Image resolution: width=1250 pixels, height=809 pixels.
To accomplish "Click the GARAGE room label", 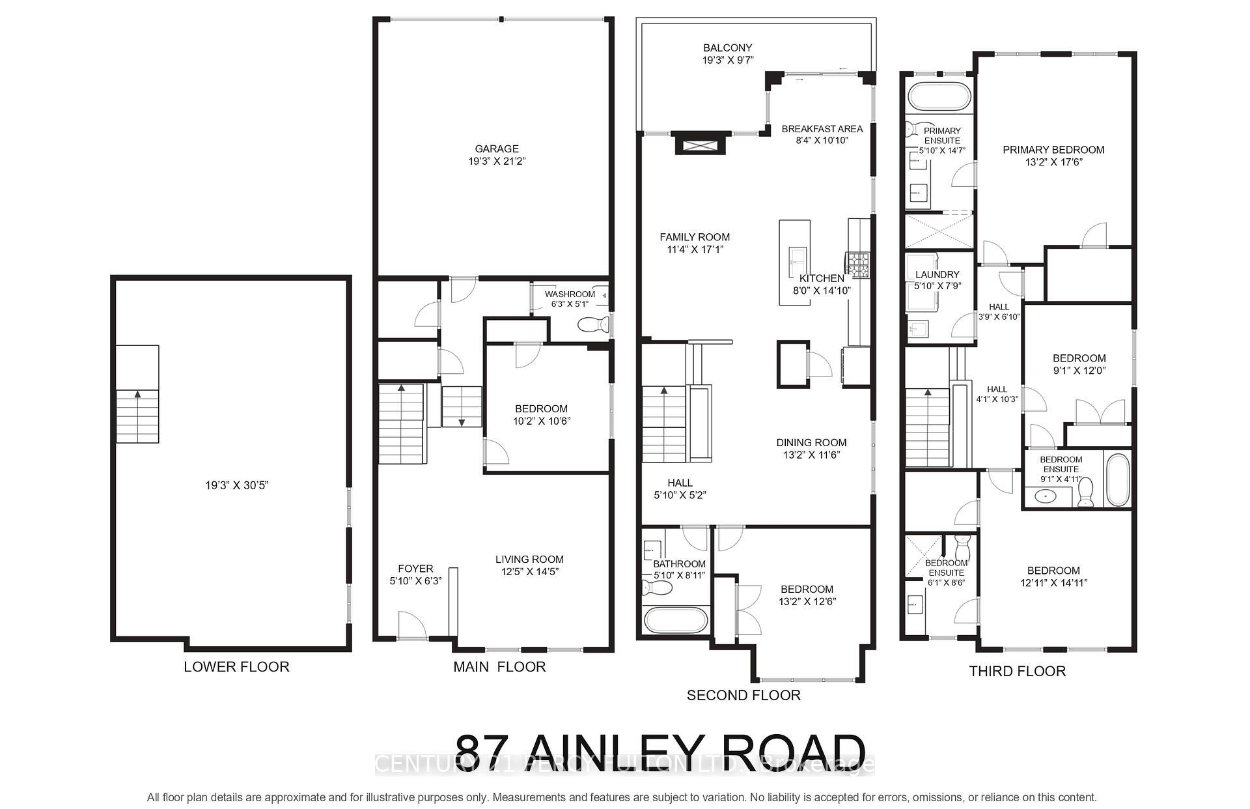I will point(496,149).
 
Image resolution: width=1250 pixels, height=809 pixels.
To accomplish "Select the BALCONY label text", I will point(727,48).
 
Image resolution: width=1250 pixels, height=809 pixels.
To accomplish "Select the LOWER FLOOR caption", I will point(236,666).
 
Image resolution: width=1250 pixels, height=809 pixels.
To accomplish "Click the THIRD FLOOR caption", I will point(1017,671).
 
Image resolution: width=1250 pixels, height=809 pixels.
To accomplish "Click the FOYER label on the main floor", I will point(415,569).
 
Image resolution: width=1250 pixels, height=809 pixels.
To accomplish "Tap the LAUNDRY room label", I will point(937,275).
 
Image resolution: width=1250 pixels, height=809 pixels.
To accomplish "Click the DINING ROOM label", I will point(811,442).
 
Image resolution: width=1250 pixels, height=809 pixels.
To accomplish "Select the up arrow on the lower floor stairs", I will point(137,393).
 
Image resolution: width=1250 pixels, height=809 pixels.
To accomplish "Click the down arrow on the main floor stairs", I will point(462,422).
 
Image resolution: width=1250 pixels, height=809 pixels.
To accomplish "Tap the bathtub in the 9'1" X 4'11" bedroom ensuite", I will point(1118,480).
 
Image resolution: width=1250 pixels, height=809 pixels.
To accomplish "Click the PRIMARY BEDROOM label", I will point(1053,150).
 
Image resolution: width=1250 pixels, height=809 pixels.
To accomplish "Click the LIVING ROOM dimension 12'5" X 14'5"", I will point(529,572).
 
